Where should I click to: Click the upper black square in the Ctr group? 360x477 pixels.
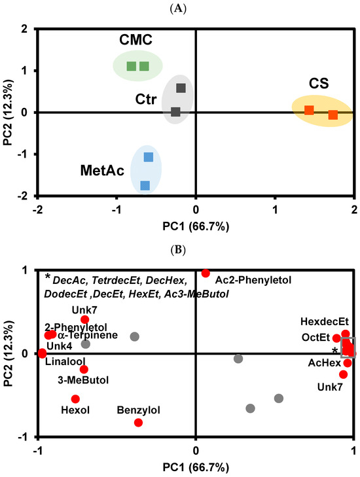pyautogui.click(x=181, y=88)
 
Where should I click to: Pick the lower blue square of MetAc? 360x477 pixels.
pyautogui.click(x=145, y=186)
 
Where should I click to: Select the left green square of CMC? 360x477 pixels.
pyautogui.click(x=131, y=66)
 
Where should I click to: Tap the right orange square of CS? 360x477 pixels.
pyautogui.click(x=333, y=115)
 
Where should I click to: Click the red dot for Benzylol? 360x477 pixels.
pyautogui.click(x=138, y=423)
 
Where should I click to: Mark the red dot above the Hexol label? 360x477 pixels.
pyautogui.click(x=75, y=398)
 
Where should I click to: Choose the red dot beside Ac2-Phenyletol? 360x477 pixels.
pyautogui.click(x=206, y=273)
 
